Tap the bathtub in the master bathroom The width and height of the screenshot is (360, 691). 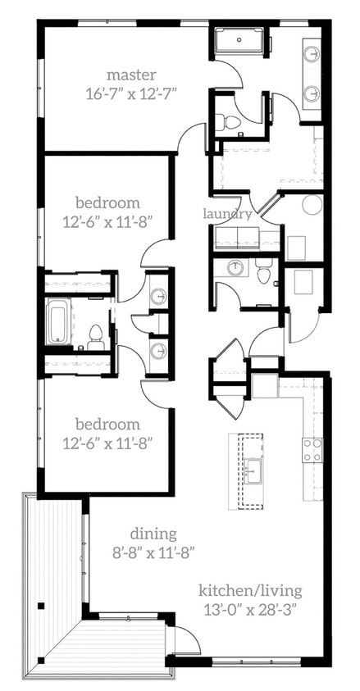click(240, 40)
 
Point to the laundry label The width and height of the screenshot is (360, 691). click(227, 214)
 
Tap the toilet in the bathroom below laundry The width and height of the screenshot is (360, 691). click(263, 272)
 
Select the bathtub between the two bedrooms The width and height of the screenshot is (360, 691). click(59, 322)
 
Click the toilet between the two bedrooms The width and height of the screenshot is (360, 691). click(96, 335)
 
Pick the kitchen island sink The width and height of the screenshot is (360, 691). click(254, 470)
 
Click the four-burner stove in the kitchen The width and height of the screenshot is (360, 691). click(312, 450)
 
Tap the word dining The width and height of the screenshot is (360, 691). click(157, 534)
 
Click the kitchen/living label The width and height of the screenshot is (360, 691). click(250, 590)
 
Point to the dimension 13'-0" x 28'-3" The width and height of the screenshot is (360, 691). click(250, 609)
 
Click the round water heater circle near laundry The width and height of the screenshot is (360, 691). click(311, 205)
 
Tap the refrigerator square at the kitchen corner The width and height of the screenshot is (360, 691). click(265, 384)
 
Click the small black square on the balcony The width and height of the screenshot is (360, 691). click(40, 607)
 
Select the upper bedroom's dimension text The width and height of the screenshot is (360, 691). click(107, 220)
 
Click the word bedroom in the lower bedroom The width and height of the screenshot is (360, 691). click(107, 424)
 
